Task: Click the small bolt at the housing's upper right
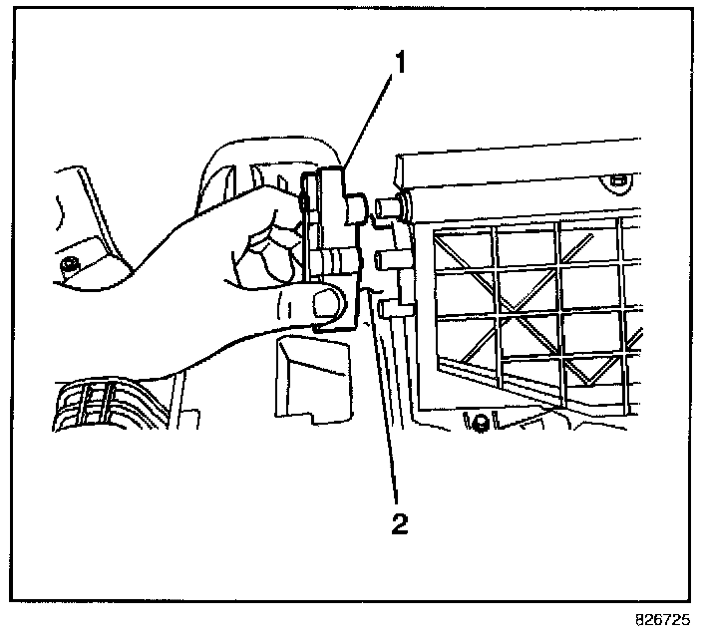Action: coord(617,180)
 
